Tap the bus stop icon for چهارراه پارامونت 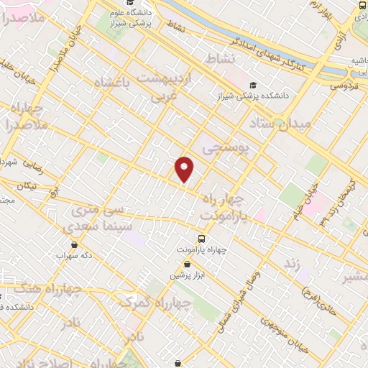(201, 238)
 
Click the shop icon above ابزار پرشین (187, 264)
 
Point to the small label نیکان (27, 185)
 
